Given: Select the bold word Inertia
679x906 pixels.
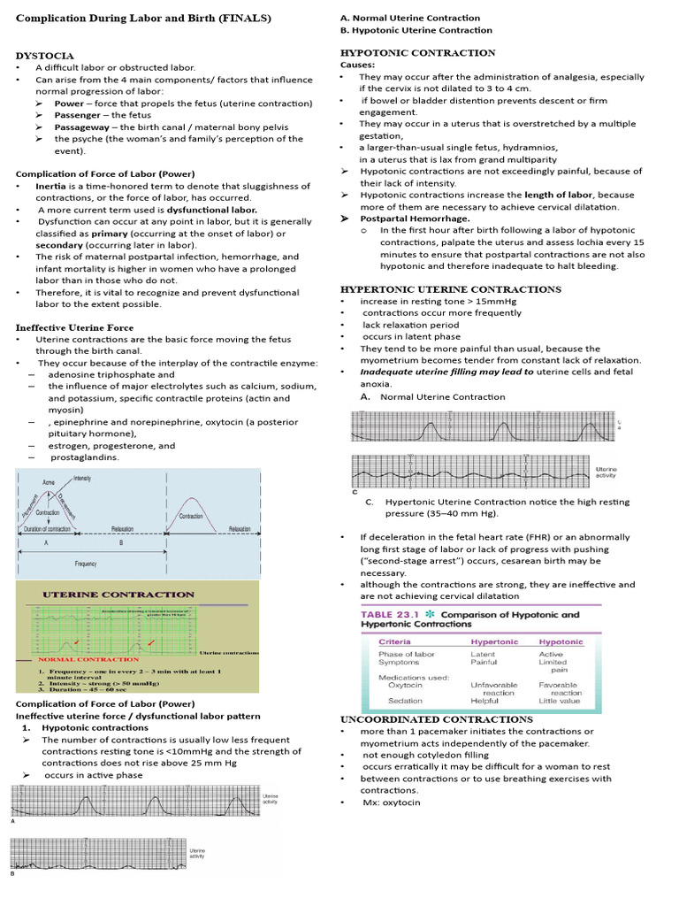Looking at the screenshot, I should (x=50, y=186).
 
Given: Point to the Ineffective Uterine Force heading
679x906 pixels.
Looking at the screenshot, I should (x=74, y=327).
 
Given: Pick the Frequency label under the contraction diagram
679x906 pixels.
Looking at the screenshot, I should (x=86, y=563).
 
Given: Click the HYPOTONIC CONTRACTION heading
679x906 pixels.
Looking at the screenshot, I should (x=418, y=53).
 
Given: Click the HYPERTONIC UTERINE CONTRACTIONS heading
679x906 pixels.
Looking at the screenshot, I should (x=450, y=289).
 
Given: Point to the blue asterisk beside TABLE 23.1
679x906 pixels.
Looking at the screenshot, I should (x=431, y=614).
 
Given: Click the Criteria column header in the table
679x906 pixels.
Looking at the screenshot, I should (x=394, y=641).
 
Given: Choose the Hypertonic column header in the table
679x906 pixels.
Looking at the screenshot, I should (x=494, y=641).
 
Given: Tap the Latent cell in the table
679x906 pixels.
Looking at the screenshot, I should (x=483, y=654).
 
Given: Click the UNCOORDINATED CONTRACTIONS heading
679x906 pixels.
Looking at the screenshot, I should (x=437, y=719).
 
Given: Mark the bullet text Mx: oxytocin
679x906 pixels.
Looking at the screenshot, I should (x=391, y=802).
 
